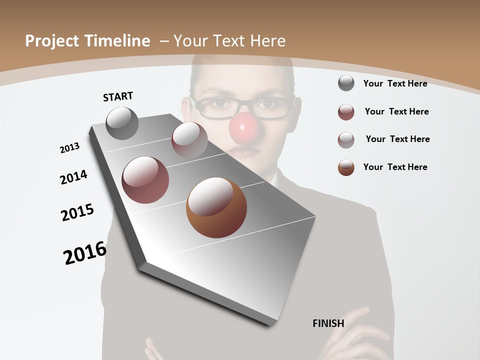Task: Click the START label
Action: click(118, 96)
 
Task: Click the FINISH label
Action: click(328, 323)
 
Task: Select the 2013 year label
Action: click(70, 148)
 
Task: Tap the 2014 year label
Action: click(74, 177)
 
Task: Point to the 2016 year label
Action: click(85, 253)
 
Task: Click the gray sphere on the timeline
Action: click(122, 123)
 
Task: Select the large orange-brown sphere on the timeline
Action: click(216, 207)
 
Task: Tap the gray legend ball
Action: click(346, 83)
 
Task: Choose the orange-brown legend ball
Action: click(346, 167)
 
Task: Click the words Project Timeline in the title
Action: click(87, 41)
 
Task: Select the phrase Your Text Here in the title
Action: click(229, 41)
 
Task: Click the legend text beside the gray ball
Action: click(395, 83)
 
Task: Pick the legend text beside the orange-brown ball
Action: click(395, 167)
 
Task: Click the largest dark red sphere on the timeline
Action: click(145, 180)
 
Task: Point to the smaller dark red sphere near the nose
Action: click(189, 139)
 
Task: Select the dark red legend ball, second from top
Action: click(346, 112)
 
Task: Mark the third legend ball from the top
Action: click(346, 140)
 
